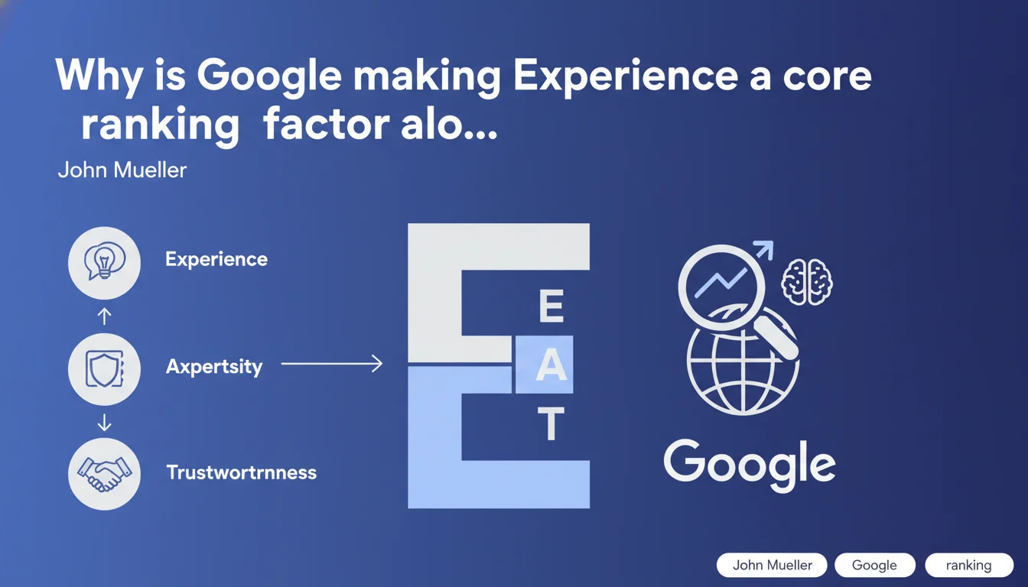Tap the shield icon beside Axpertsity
point(105,369)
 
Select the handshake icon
point(105,474)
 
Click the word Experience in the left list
point(216,260)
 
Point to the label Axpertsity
point(214,367)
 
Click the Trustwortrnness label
point(242,472)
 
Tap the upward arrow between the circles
point(105,316)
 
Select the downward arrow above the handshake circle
point(105,423)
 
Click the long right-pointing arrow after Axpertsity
point(332,364)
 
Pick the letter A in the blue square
point(551,365)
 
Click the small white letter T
point(551,423)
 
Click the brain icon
point(807,282)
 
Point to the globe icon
point(743,362)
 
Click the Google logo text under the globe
point(750,465)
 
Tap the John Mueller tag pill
point(772,565)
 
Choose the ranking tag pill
point(969,565)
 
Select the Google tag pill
point(875,565)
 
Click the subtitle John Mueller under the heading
point(122,170)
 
